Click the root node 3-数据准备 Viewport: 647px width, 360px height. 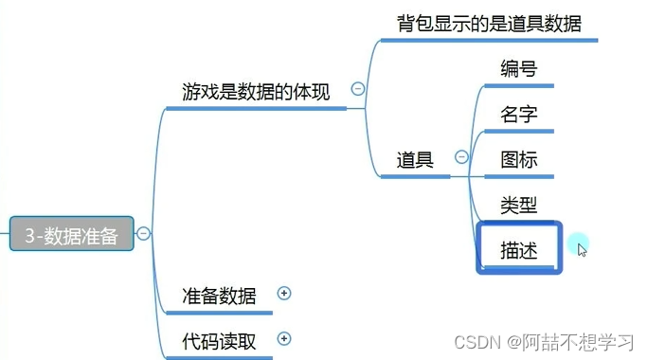(x=71, y=234)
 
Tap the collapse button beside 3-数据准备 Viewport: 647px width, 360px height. (x=143, y=233)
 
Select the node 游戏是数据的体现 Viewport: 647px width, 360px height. (x=256, y=92)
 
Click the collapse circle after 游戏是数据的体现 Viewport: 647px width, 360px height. (x=358, y=89)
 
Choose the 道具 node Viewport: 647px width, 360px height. (x=415, y=160)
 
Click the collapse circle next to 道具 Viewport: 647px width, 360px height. (x=461, y=157)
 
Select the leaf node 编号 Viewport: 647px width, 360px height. (x=518, y=69)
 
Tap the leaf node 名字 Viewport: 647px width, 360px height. (x=518, y=115)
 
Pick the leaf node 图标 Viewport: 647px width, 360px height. (x=518, y=159)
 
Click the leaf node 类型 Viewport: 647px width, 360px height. (x=518, y=205)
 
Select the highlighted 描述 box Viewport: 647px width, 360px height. (x=519, y=249)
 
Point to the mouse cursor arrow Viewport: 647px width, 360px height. (x=583, y=250)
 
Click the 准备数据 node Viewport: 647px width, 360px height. (x=219, y=296)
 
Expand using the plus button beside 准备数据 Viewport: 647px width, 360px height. (x=283, y=294)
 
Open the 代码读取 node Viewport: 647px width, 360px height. (x=219, y=340)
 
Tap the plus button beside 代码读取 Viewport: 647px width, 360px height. (x=283, y=338)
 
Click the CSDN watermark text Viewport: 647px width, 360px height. (x=476, y=341)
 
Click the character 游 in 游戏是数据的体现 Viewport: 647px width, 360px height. (x=191, y=92)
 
